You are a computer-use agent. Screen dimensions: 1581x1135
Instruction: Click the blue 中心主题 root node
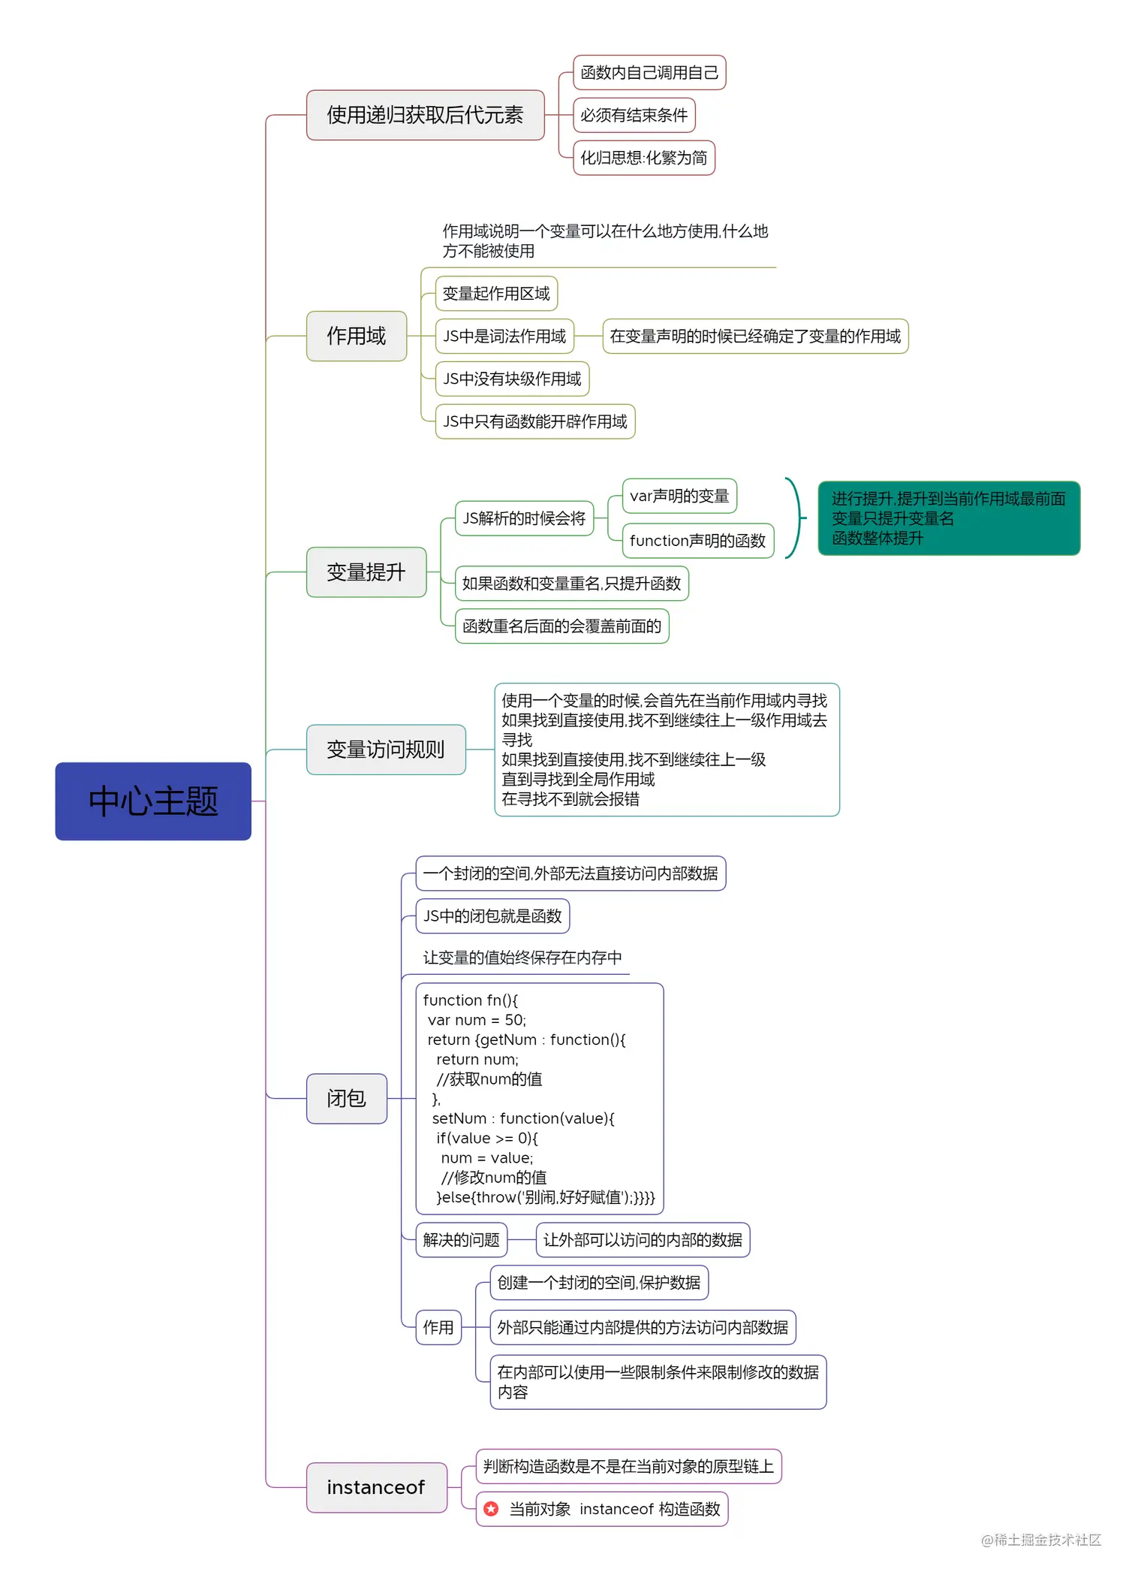click(153, 801)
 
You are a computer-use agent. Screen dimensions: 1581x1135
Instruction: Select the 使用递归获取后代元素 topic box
click(425, 115)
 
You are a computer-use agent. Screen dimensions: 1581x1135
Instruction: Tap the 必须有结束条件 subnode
click(634, 115)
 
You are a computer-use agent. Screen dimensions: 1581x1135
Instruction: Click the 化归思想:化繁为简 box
click(643, 158)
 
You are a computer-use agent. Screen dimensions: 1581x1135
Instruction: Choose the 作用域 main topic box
click(356, 336)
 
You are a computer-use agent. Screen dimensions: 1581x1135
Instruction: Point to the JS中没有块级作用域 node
click(512, 379)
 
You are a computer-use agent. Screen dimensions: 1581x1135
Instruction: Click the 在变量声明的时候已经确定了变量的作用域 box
click(754, 336)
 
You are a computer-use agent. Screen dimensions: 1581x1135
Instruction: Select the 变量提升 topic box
click(366, 572)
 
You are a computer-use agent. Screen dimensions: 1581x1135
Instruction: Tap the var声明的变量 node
click(679, 496)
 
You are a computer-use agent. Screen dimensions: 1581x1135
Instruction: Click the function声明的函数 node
click(697, 541)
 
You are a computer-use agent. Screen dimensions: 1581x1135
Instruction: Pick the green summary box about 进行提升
click(948, 518)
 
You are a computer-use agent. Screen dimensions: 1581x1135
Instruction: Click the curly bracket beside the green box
click(794, 518)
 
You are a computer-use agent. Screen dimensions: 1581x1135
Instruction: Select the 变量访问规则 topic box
click(385, 750)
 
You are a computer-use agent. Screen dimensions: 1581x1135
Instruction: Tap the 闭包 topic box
click(346, 1099)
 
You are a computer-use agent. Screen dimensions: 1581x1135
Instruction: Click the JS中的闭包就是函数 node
click(492, 916)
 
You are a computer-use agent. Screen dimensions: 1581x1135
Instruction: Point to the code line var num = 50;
click(477, 1020)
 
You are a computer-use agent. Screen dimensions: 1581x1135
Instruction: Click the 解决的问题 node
click(461, 1240)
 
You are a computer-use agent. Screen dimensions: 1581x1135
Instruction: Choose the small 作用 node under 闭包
click(438, 1328)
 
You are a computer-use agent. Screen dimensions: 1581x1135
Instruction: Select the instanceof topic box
click(376, 1488)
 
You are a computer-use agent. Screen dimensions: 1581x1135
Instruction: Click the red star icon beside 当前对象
click(491, 1509)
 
